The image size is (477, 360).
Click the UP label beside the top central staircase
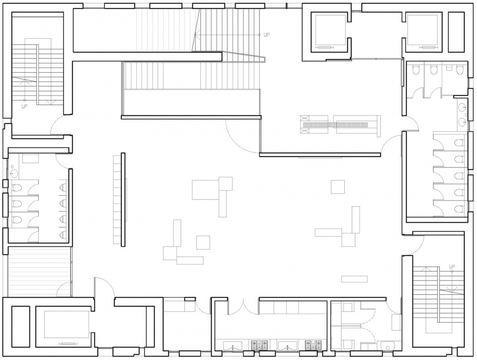[x=266, y=35]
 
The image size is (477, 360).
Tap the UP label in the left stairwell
[x=24, y=106]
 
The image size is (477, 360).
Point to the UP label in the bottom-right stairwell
[x=452, y=267]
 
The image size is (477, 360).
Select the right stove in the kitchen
[x=314, y=346]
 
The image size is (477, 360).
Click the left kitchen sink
[x=233, y=346]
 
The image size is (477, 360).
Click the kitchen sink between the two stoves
[x=287, y=346]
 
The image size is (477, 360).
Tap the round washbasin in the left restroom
[x=14, y=174]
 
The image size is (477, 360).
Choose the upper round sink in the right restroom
[x=463, y=107]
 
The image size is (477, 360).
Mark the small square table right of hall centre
[x=338, y=186]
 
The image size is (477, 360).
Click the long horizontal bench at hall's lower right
[x=354, y=279]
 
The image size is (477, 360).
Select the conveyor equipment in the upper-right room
[x=340, y=124]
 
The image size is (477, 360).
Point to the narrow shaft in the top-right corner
[x=456, y=32]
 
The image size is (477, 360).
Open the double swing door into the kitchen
[x=243, y=307]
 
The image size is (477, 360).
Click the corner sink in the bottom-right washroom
[x=387, y=346]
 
